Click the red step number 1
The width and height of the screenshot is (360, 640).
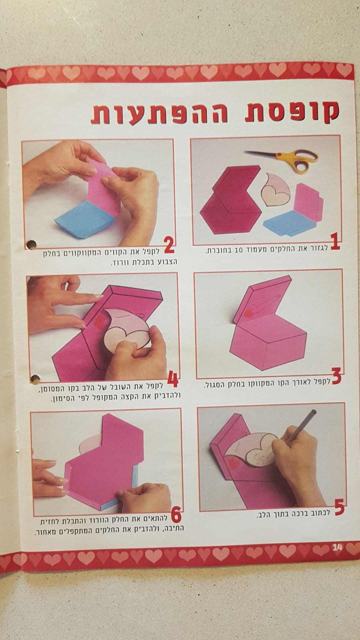pyautogui.click(x=335, y=242)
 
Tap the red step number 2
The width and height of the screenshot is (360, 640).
pyautogui.click(x=169, y=246)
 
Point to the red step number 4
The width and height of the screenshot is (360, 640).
pyautogui.click(x=173, y=379)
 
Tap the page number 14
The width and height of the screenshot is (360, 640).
pyautogui.click(x=337, y=547)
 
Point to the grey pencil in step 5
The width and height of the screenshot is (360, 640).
pyautogui.click(x=301, y=426)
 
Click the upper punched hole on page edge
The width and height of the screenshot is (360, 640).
pyautogui.click(x=32, y=244)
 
